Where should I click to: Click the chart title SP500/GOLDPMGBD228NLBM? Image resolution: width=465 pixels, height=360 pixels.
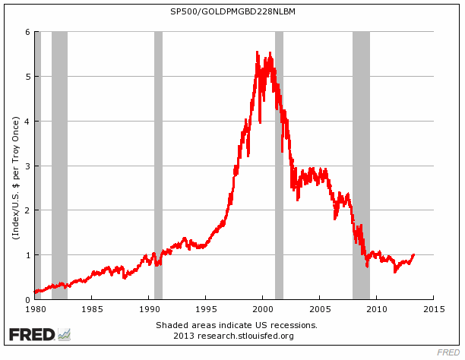point(232,13)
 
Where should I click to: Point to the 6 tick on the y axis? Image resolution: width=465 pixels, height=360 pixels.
point(27,32)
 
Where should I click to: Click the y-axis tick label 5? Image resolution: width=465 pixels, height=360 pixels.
point(27,77)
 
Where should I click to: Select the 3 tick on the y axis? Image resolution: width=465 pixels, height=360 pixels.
point(27,166)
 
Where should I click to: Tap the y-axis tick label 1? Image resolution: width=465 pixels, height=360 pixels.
point(27,255)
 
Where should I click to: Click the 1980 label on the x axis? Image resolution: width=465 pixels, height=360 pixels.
point(34,309)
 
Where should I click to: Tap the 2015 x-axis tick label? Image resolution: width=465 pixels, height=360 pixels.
point(433,309)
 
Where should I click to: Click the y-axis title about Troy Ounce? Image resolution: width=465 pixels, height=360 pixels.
point(14,166)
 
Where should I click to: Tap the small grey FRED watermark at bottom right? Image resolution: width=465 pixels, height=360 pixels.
point(448,352)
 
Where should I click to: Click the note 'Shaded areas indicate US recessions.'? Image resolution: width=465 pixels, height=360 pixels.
point(232,325)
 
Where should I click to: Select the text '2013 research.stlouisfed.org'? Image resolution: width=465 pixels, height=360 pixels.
point(232,335)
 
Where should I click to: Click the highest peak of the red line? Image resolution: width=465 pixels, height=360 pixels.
point(257,52)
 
